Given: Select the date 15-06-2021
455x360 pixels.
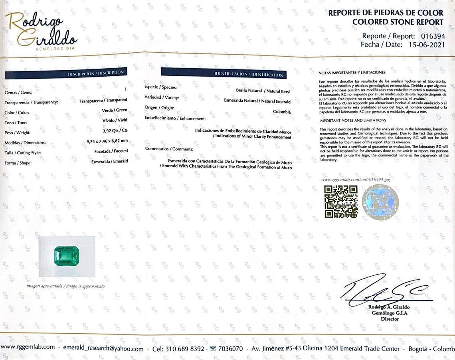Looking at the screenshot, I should pyautogui.click(x=426, y=45).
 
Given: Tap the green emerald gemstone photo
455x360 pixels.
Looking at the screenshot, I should pyautogui.click(x=66, y=256).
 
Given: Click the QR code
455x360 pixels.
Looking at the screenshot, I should pyautogui.click(x=340, y=202).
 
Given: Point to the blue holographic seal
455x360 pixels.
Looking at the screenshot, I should pyautogui.click(x=380, y=202).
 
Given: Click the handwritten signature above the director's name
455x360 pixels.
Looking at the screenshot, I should pyautogui.click(x=383, y=290).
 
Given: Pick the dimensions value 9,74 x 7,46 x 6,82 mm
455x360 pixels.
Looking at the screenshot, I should pyautogui.click(x=107, y=140).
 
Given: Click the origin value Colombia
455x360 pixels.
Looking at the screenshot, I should pyautogui.click(x=282, y=112).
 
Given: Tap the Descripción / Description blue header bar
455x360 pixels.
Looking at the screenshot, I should pyautogui.click(x=66, y=73).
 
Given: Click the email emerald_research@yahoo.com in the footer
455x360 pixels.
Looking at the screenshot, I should pyautogui.click(x=103, y=348).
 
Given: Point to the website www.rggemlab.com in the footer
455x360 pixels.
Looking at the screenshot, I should pyautogui.click(x=28, y=347).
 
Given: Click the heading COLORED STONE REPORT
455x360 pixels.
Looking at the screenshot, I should pyautogui.click(x=398, y=22).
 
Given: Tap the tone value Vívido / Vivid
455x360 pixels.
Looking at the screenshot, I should pyautogui.click(x=115, y=120).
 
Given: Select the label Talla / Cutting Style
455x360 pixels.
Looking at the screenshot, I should pyautogui.click(x=23, y=153).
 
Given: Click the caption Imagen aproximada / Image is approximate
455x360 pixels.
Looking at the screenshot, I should pyautogui.click(x=65, y=286).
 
